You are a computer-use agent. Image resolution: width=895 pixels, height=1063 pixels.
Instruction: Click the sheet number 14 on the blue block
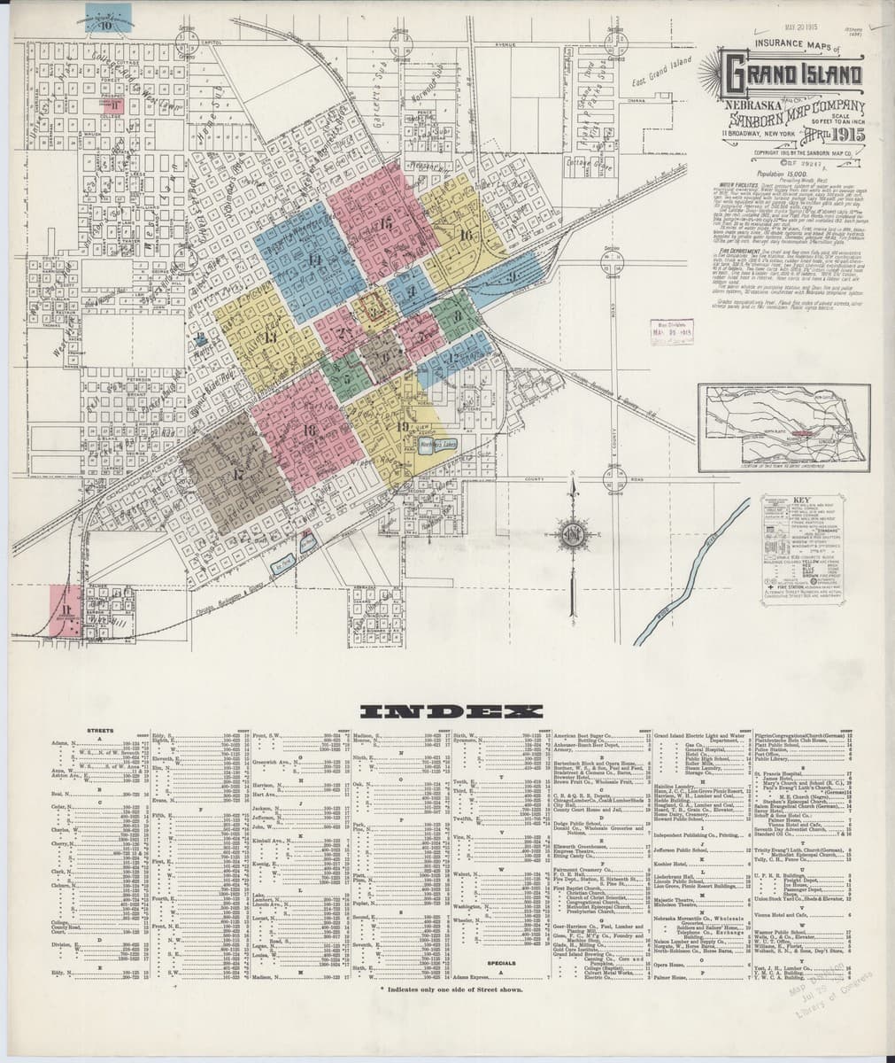tap(315, 260)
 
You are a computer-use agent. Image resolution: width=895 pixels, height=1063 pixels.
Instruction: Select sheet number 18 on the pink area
tap(308, 431)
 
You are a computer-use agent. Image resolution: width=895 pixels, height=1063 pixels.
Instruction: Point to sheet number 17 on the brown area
tap(237, 475)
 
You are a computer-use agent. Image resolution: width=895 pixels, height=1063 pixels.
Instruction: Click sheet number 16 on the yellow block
tap(467, 235)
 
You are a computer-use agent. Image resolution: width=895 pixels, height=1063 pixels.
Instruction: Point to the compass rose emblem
tap(573, 533)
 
